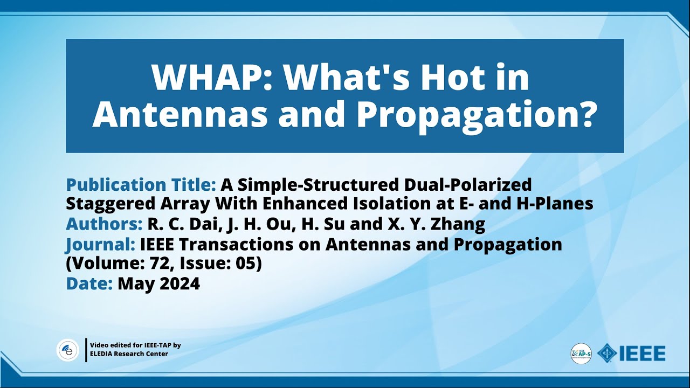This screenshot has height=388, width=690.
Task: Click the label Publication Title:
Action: coord(141,185)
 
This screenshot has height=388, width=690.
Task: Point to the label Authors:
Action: coord(104,224)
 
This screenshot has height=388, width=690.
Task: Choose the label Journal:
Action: coord(100,245)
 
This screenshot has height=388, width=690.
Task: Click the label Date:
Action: coord(89,283)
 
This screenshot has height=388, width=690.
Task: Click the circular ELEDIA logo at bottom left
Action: coord(68,350)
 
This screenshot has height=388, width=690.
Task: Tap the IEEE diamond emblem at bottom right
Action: coord(608,354)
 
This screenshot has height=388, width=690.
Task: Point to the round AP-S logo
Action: coord(581,354)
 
